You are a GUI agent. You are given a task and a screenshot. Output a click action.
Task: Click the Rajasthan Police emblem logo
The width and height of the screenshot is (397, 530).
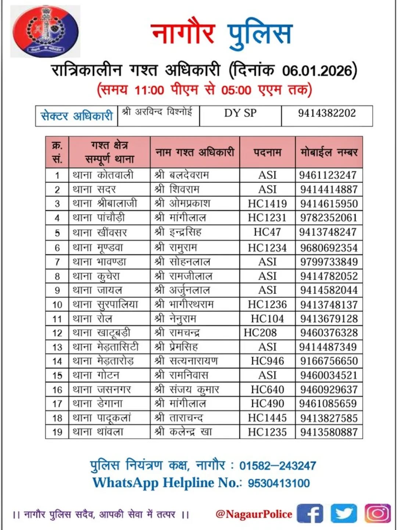click(46, 31)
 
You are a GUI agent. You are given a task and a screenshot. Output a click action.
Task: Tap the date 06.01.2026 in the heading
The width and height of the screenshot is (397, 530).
click(317, 70)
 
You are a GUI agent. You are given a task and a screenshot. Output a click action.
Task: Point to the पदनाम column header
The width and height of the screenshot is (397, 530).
click(267, 152)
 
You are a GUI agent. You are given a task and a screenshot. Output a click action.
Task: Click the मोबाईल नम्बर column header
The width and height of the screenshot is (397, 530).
click(329, 152)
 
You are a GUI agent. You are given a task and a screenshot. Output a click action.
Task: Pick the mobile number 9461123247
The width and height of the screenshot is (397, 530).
click(328, 175)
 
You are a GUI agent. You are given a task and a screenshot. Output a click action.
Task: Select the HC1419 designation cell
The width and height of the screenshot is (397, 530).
click(267, 204)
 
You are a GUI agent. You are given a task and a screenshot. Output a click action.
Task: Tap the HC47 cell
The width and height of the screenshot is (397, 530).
click(267, 232)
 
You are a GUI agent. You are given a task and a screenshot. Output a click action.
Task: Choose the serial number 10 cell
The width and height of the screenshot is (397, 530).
click(57, 305)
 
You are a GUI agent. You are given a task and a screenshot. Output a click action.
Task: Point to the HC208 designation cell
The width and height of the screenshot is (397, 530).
click(260, 333)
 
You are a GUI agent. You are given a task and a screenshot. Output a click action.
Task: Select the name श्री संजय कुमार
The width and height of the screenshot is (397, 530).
click(187, 389)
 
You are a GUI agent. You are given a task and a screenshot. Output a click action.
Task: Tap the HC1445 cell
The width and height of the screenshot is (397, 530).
click(267, 418)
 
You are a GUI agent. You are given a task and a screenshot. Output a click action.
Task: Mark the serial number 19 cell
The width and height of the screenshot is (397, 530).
click(57, 432)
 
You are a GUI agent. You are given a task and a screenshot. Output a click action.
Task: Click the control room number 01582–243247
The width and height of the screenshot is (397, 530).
click(278, 466)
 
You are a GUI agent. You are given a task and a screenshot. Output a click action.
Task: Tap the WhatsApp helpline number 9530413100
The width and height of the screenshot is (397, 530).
click(279, 483)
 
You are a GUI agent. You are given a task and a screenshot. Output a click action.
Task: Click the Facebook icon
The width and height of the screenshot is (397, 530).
click(310, 514)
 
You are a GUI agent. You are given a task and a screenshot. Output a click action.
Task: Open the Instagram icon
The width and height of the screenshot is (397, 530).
click(377, 513)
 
